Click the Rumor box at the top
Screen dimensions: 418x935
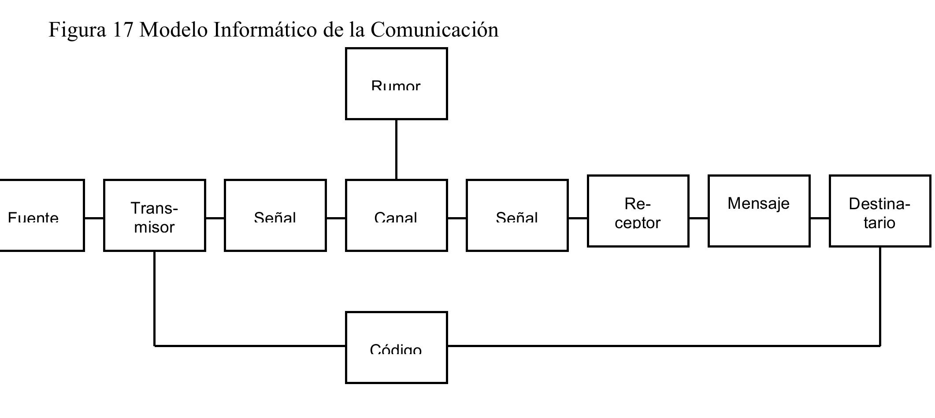coord(396,84)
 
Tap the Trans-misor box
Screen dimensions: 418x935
coord(154,215)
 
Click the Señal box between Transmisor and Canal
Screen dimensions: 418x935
coord(275,215)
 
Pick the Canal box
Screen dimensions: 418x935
coord(396,215)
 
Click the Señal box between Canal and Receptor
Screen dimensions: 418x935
coord(517,215)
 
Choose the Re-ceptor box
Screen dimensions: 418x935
coord(638,211)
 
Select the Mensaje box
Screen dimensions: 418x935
coord(759,211)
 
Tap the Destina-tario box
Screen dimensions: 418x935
coord(879,211)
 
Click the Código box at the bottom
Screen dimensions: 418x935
coord(396,348)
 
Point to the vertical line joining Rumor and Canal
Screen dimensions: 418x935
coord(396,149)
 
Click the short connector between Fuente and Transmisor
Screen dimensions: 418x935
coord(94,218)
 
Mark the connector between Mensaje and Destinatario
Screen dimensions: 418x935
coord(820,218)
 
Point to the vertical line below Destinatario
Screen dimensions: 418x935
coord(880,296)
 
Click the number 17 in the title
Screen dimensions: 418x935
coord(122,30)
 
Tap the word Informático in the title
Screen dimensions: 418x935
coord(265,30)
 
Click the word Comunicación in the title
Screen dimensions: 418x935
coord(434,30)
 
